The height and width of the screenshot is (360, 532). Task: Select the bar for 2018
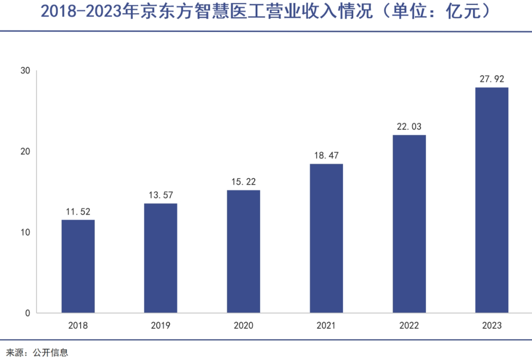click(x=78, y=266)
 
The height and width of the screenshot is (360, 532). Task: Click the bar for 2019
click(x=161, y=258)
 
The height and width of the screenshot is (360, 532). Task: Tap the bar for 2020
click(x=243, y=251)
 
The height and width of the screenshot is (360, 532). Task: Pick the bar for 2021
click(x=326, y=238)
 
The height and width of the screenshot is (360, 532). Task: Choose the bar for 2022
click(x=409, y=224)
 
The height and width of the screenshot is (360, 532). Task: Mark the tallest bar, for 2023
click(x=492, y=200)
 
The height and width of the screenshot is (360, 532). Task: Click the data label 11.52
click(x=78, y=211)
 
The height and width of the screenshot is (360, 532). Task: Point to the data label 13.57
click(x=161, y=195)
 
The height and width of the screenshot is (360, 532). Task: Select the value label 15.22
click(x=243, y=182)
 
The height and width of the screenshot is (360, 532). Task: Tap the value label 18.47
click(x=326, y=155)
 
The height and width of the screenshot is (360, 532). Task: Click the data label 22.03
click(x=409, y=127)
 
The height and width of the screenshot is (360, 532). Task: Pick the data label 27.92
click(x=492, y=79)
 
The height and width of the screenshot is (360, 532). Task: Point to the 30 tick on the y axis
click(x=25, y=71)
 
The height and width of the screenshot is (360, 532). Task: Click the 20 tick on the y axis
click(x=25, y=152)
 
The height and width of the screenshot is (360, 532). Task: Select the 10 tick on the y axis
click(x=25, y=232)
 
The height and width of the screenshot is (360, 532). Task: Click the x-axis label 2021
click(x=326, y=326)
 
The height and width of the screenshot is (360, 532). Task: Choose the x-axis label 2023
click(x=492, y=326)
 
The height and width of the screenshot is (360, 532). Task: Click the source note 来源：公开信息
click(x=37, y=352)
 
